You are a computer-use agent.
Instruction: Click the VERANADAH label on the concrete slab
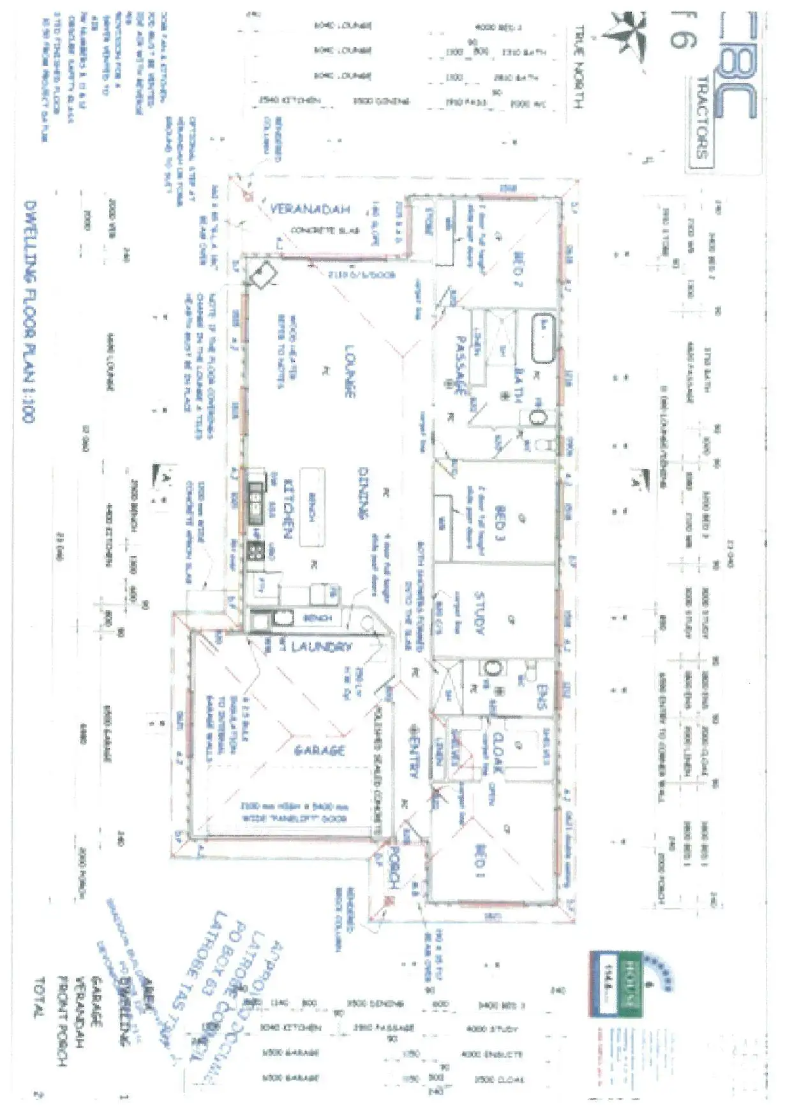(x=310, y=209)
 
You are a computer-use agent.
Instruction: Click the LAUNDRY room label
(x=321, y=646)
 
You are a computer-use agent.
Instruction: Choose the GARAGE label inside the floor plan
(x=319, y=750)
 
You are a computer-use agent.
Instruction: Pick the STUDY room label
(x=480, y=612)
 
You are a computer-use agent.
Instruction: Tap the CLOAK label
(x=498, y=753)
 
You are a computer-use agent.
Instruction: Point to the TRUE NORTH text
(x=579, y=66)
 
